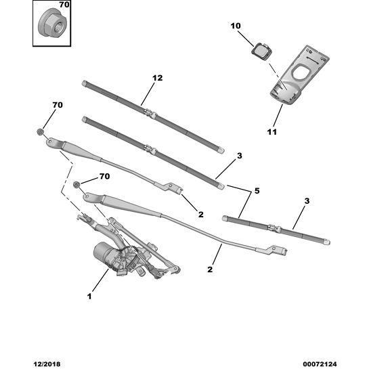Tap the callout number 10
(x=236, y=26)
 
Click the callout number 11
(x=272, y=131)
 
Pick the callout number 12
(x=157, y=79)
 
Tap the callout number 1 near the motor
(x=89, y=296)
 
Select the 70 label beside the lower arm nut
(x=104, y=177)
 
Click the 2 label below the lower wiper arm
(x=211, y=269)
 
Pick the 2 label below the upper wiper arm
(x=201, y=215)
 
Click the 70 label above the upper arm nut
(x=57, y=106)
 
